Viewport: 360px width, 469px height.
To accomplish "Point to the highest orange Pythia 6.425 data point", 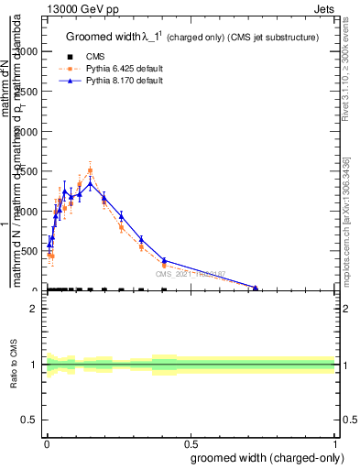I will coord(90,170).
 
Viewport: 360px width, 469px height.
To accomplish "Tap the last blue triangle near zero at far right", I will coord(256,289).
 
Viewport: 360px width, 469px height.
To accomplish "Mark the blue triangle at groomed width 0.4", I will coord(163,260).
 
